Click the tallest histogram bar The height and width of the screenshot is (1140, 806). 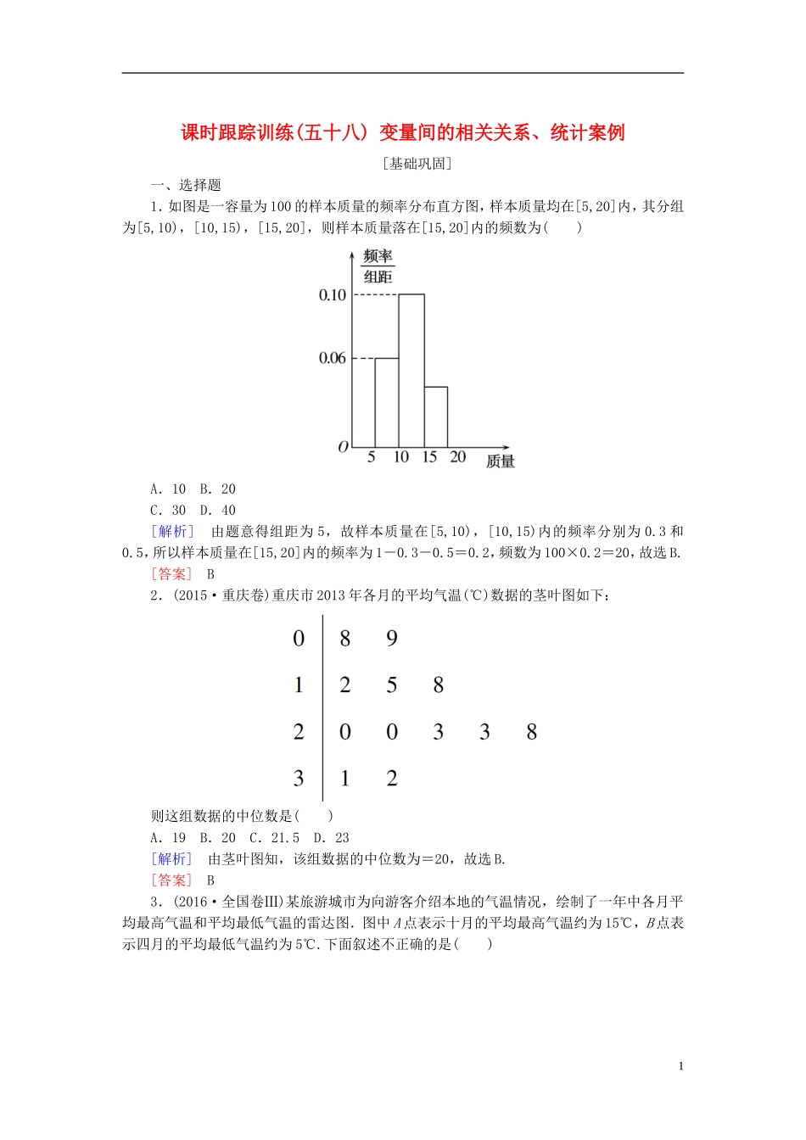click(411, 371)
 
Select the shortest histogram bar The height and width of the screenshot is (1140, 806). click(436, 416)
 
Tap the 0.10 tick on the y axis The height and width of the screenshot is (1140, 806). click(333, 295)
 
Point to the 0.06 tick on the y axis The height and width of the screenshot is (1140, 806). click(333, 358)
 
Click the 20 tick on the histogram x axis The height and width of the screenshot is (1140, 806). click(458, 457)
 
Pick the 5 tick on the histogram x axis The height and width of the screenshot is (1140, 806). click(372, 457)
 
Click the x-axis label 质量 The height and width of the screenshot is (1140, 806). click(501, 461)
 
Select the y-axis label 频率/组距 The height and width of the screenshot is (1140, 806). click(378, 266)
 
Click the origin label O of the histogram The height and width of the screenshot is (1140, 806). click(343, 447)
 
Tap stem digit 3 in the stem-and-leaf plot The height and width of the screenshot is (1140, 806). click(299, 778)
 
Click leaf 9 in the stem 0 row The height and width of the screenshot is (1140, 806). click(392, 639)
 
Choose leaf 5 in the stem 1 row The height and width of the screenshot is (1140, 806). click(392, 685)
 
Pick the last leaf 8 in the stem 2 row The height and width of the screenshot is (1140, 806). click(532, 732)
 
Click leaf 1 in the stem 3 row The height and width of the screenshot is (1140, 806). click(345, 778)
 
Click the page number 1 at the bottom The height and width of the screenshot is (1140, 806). click(680, 1066)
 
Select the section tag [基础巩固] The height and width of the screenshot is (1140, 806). click(417, 164)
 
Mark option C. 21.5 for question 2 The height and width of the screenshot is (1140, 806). click(274, 838)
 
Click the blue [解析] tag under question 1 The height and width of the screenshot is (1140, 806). click(172, 532)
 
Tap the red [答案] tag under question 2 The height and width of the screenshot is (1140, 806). click(172, 880)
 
